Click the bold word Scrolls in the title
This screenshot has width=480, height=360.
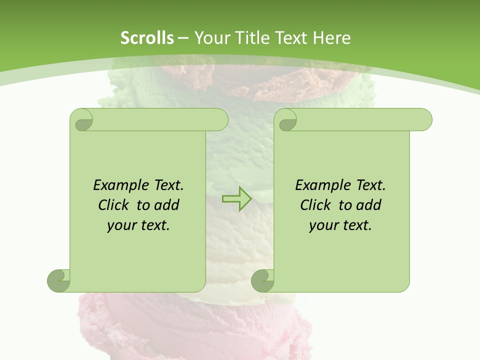147,38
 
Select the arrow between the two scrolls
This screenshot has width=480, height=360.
237,198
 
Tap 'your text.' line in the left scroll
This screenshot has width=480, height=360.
138,225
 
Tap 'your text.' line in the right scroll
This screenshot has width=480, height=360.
340,225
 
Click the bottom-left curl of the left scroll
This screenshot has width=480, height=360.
59,280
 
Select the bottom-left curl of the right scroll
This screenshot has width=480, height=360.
263,280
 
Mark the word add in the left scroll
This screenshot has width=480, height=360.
166,205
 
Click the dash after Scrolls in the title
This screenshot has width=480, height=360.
183,38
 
